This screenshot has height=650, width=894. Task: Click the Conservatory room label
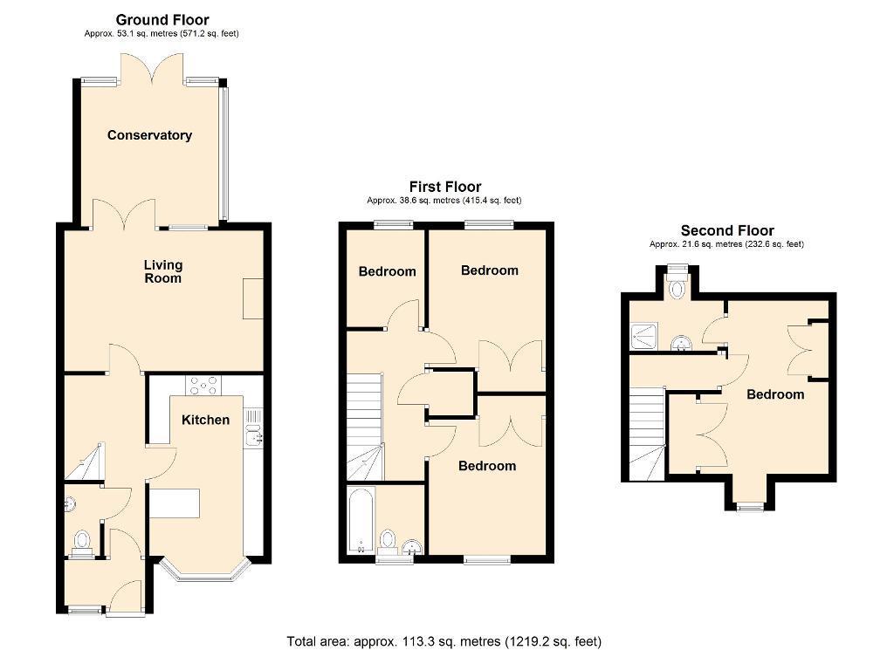click(149, 135)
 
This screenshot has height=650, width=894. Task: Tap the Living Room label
click(163, 271)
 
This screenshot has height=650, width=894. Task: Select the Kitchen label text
click(205, 420)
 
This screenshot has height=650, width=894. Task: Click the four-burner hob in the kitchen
click(203, 385)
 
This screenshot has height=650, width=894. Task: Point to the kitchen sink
click(253, 428)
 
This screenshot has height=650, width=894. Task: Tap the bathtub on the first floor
click(361, 520)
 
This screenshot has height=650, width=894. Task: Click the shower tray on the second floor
click(643, 337)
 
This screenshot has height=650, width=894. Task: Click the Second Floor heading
click(727, 230)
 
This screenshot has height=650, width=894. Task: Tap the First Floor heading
click(445, 187)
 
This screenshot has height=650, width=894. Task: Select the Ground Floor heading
click(162, 20)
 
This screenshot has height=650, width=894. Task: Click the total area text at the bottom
click(444, 641)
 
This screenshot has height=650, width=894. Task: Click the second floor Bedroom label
click(775, 394)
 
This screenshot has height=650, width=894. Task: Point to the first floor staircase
click(365, 427)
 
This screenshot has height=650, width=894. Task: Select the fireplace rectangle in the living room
click(253, 298)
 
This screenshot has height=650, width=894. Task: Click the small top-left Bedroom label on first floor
click(387, 271)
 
